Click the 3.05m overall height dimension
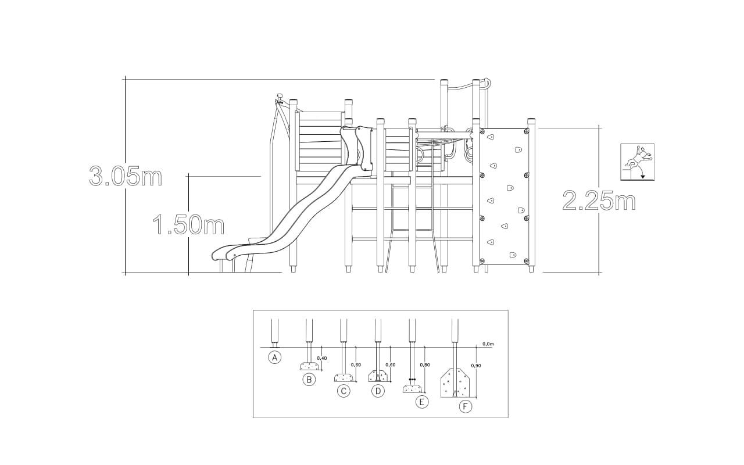point(126,176)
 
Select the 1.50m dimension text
point(188,225)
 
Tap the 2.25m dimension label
point(599,201)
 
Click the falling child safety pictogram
point(638,162)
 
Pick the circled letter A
point(275,357)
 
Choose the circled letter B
point(309,380)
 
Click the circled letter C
point(344,391)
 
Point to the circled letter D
point(378,391)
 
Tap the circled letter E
point(422,402)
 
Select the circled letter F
point(466,406)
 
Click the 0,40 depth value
point(322,358)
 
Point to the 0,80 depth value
point(425,364)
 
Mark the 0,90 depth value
point(476,366)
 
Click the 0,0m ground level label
point(489,344)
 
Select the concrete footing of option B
point(309,366)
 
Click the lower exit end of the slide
point(220,255)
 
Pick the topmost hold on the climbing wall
point(491,137)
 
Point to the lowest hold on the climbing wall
point(513,255)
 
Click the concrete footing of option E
point(412,389)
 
